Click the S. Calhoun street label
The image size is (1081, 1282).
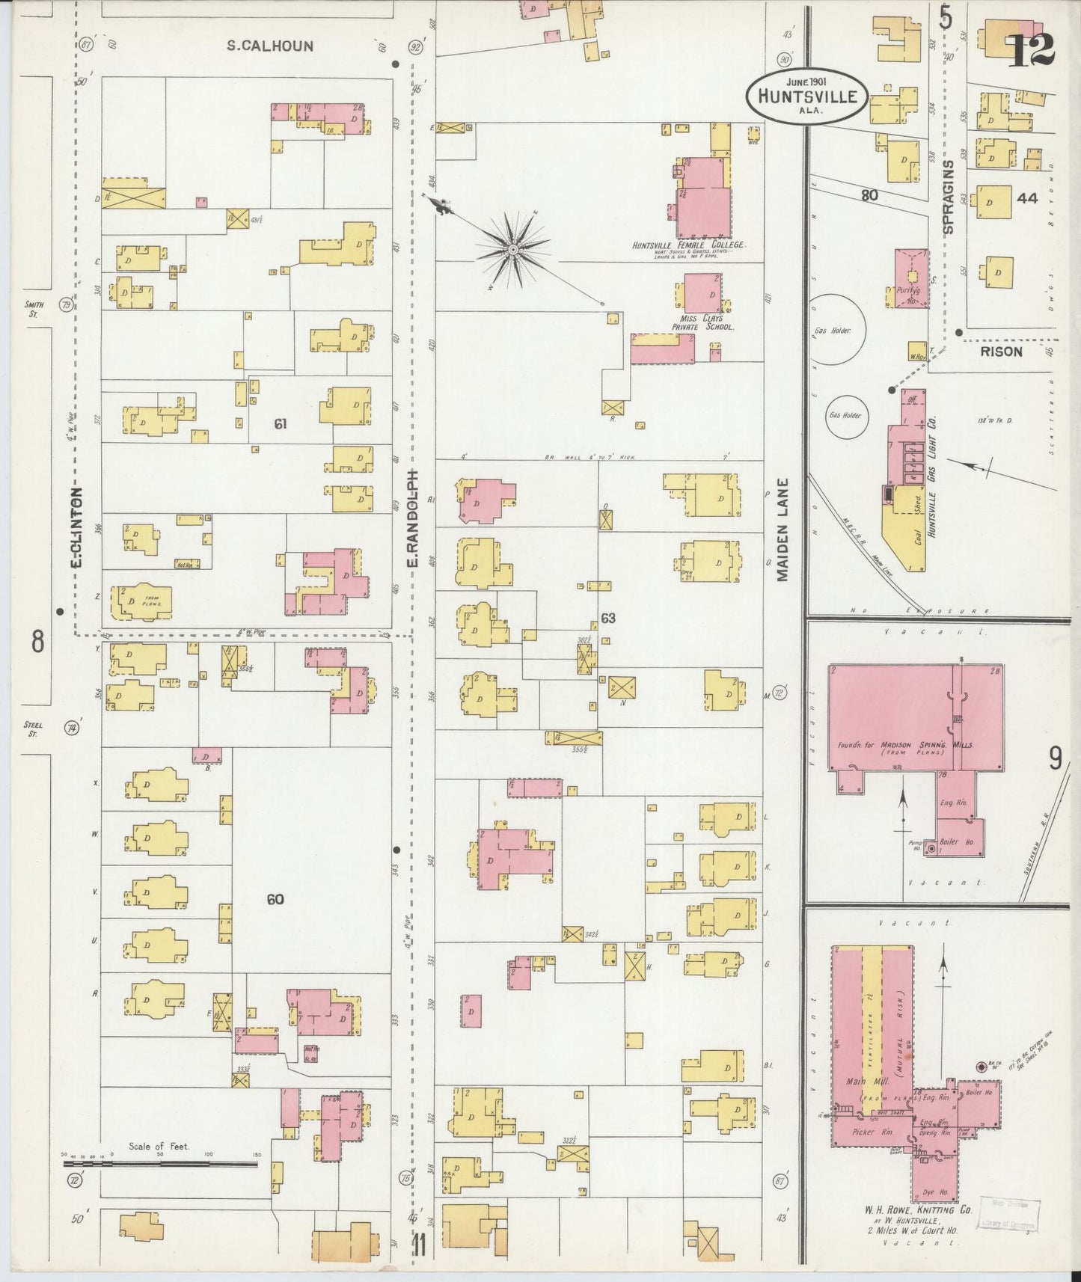click(270, 46)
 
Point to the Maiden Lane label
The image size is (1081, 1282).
click(783, 530)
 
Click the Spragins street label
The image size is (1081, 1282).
click(949, 197)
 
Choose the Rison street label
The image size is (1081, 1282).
click(1001, 351)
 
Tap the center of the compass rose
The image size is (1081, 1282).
click(513, 248)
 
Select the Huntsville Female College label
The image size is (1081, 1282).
click(689, 245)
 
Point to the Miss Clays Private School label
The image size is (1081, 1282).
click(702, 322)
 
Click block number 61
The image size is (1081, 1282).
click(280, 424)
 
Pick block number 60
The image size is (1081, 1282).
click(275, 899)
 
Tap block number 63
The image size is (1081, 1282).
click(607, 619)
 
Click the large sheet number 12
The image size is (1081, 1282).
click(1033, 49)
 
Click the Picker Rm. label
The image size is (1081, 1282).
click(867, 1132)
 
